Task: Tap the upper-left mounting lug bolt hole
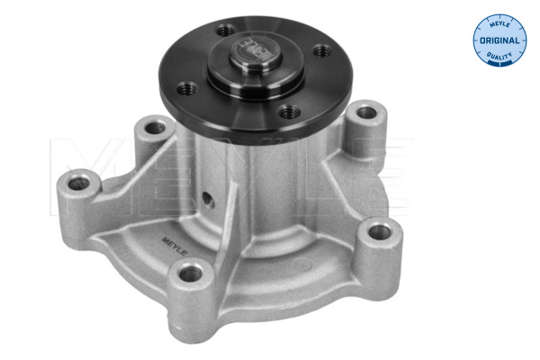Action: coord(156,128)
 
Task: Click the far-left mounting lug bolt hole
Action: coord(78,184)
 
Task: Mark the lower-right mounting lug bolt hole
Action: coord(380,232)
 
